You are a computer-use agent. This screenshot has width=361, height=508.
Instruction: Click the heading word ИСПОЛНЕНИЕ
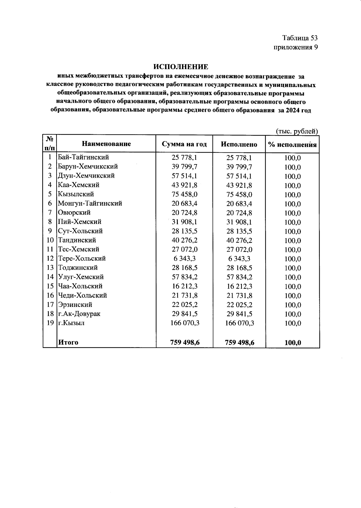click(181, 66)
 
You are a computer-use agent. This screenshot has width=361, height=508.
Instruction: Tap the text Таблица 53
click(300, 38)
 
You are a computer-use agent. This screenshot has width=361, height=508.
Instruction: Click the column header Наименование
click(106, 144)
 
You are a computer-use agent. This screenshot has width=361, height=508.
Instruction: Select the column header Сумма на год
click(184, 144)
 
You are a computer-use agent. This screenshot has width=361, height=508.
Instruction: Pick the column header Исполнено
click(239, 144)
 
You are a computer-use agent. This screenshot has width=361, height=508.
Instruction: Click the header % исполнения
click(292, 144)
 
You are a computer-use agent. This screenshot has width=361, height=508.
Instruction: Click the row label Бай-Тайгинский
click(83, 157)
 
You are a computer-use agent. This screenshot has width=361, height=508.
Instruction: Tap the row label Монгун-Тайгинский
click(90, 203)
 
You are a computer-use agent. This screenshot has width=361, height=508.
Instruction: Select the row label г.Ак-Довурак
click(79, 314)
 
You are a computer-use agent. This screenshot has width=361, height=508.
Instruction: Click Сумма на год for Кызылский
click(184, 194)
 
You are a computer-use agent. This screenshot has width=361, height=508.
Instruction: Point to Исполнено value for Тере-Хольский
click(239, 259)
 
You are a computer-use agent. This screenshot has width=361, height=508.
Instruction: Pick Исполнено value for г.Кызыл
click(239, 323)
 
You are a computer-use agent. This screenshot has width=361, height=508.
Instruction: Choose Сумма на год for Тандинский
click(184, 240)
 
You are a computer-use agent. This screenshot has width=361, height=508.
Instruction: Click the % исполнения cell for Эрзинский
click(292, 305)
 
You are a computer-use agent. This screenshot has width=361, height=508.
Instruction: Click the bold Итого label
click(68, 342)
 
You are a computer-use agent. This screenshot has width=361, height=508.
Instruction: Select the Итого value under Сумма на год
click(185, 342)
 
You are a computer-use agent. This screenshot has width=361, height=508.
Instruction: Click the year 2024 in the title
click(292, 110)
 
